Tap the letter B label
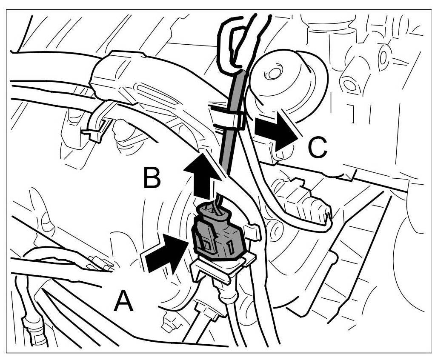coord(152,177)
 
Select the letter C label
coord(317,148)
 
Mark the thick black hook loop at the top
coord(230,43)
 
